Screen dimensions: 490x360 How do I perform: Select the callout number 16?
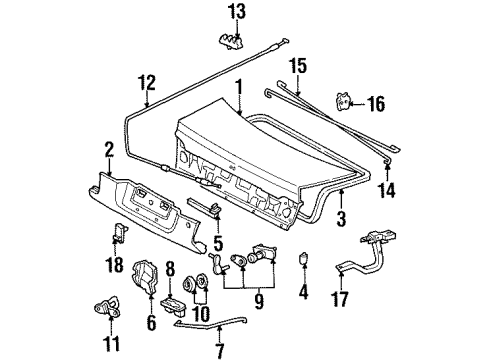pyautogui.click(x=376, y=104)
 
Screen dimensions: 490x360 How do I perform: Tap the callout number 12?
pyautogui.click(x=147, y=83)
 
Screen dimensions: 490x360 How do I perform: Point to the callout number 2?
pyautogui.click(x=109, y=150)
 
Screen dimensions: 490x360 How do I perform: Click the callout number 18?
pyautogui.click(x=114, y=265)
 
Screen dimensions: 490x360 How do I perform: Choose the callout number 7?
pyautogui.click(x=219, y=352)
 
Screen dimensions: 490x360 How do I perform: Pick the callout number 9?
pyautogui.click(x=258, y=302)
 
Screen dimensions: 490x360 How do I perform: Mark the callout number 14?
pyautogui.click(x=387, y=191)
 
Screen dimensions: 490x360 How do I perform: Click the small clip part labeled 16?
pyautogui.click(x=343, y=102)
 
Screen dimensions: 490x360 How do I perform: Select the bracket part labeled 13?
pyautogui.click(x=231, y=41)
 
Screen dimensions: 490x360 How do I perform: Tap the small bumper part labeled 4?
pyautogui.click(x=304, y=258)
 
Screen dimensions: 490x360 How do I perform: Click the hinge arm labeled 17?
pyautogui.click(x=367, y=253)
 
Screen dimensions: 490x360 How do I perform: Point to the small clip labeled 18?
pyautogui.click(x=119, y=231)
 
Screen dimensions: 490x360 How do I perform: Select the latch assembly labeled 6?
pyautogui.click(x=145, y=277)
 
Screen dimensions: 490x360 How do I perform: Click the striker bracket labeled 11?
pyautogui.click(x=108, y=307)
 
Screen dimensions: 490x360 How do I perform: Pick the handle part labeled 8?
pyautogui.click(x=173, y=306)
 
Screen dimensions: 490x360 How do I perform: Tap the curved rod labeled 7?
pyautogui.click(x=210, y=323)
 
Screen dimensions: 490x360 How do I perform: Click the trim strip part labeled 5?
pyautogui.click(x=204, y=207)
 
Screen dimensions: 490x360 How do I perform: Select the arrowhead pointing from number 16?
pyautogui.click(x=354, y=104)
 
